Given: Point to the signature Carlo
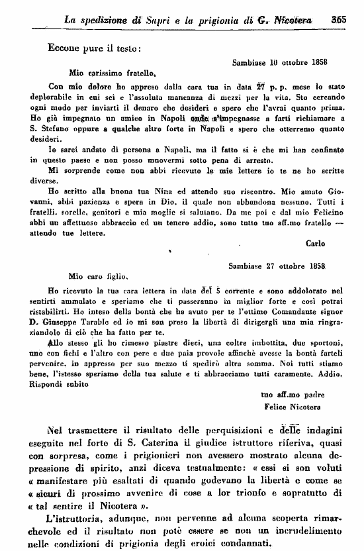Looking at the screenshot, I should coord(315,243).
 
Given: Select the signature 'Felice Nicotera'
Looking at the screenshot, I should coord(291,405).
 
